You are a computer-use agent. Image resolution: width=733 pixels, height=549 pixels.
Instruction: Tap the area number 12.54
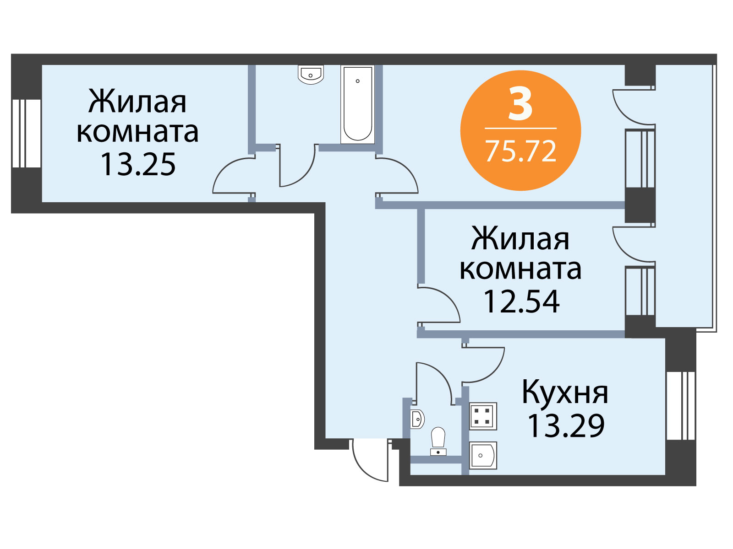pyautogui.click(x=521, y=301)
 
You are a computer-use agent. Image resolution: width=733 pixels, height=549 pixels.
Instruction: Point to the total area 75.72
pyautogui.click(x=520, y=151)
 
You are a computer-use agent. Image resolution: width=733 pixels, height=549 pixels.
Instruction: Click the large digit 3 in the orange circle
pyautogui.click(x=520, y=103)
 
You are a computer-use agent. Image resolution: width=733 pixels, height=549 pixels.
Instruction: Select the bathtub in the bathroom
pyautogui.click(x=358, y=104)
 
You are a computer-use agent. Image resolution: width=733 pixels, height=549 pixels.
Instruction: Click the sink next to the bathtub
pyautogui.click(x=311, y=74)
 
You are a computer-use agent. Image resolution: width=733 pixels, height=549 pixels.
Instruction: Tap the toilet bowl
pyautogui.click(x=438, y=441)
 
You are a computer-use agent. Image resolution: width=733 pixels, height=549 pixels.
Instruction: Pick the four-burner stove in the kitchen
pyautogui.click(x=483, y=416)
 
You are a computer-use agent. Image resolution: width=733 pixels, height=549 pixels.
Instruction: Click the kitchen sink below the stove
pyautogui.click(x=483, y=456)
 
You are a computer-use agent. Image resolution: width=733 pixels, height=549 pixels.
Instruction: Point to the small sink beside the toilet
pyautogui.click(x=417, y=419)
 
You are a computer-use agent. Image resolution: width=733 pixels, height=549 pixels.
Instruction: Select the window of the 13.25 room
pyautogui.click(x=27, y=133)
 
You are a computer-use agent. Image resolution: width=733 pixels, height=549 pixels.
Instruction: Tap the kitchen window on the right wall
pyautogui.click(x=681, y=406)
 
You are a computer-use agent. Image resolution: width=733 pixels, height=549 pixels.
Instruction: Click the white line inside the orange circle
pyautogui.click(x=520, y=128)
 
